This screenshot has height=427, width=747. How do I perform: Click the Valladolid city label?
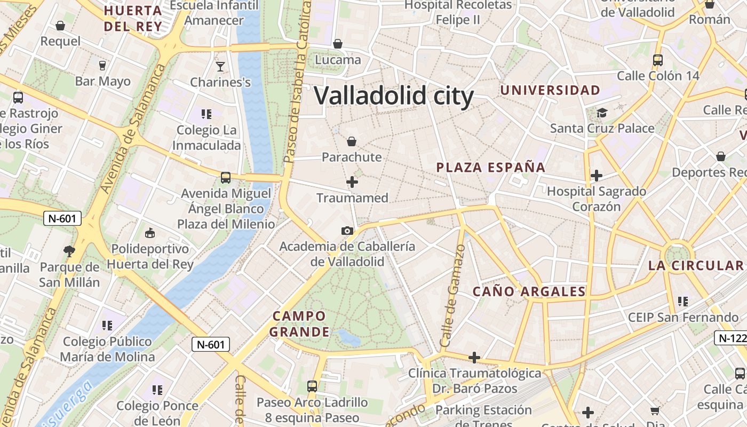click(x=394, y=96)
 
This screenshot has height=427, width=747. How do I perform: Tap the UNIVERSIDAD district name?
click(x=550, y=90)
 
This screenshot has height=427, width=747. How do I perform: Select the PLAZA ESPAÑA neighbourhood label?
click(x=491, y=167)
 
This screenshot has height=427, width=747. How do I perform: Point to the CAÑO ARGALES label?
click(x=529, y=291)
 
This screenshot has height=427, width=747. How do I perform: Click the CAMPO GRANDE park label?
click(x=299, y=324)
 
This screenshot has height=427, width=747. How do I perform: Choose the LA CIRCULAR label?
click(x=696, y=265)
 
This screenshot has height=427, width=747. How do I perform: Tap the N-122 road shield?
click(x=731, y=337)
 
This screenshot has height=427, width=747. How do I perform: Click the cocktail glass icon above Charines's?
click(x=220, y=66)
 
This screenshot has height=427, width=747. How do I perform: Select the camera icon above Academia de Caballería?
click(x=347, y=231)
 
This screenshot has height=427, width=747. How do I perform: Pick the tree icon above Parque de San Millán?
click(x=69, y=250)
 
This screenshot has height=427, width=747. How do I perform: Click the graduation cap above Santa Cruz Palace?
click(x=602, y=113)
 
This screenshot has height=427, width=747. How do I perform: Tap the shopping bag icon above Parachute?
click(x=352, y=141)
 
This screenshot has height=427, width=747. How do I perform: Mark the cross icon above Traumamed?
click(x=352, y=182)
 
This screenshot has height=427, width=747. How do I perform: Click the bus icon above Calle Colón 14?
click(x=658, y=60)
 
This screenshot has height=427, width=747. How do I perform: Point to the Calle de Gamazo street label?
click(x=452, y=296)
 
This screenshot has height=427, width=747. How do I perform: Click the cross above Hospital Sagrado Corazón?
click(x=597, y=175)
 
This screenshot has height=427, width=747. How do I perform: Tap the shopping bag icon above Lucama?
click(x=338, y=44)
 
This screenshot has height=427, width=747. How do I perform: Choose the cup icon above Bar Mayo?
click(x=102, y=65)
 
